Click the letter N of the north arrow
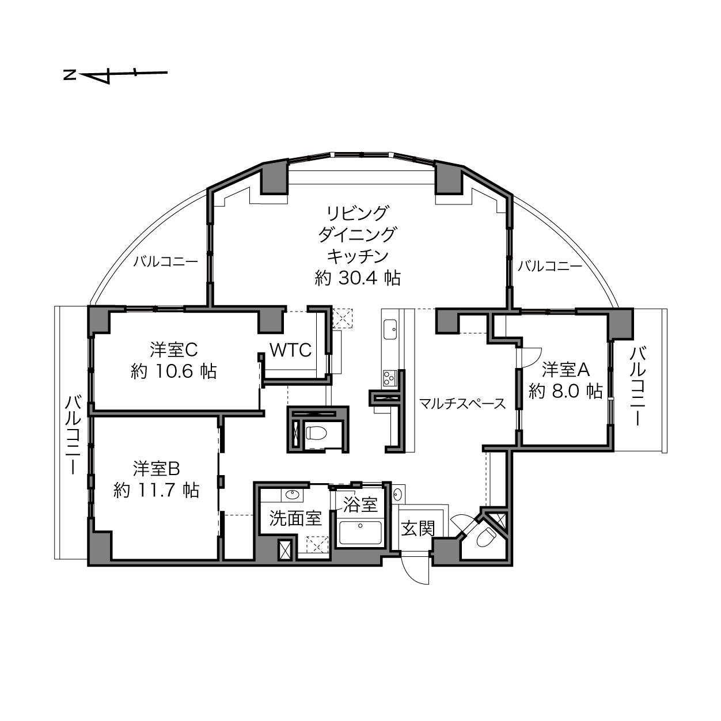pos(70,75)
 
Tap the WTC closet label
pos(290,350)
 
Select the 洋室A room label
pos(566,370)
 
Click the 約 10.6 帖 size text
pos(173,371)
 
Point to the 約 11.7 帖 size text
pos(157,489)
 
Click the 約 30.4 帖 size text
pos(358,278)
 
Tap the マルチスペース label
pos(462,404)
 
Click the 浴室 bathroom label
pos(360,504)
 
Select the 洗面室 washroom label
pos(295,519)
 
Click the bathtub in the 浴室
pos(360,533)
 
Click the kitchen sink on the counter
pos(390,329)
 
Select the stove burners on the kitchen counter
pos(389,378)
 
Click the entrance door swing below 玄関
pos(415,570)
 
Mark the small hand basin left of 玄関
pos(397,494)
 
